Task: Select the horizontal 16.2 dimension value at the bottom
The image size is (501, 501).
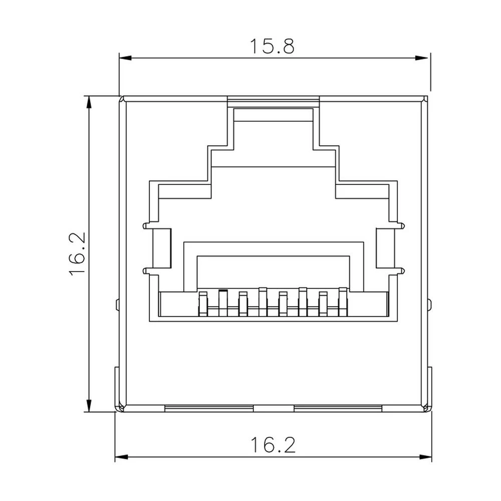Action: click(273, 444)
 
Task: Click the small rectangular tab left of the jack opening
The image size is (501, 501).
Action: click(162, 248)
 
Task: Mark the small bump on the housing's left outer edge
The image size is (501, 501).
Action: click(117, 304)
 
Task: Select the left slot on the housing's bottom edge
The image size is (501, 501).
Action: click(209, 408)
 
